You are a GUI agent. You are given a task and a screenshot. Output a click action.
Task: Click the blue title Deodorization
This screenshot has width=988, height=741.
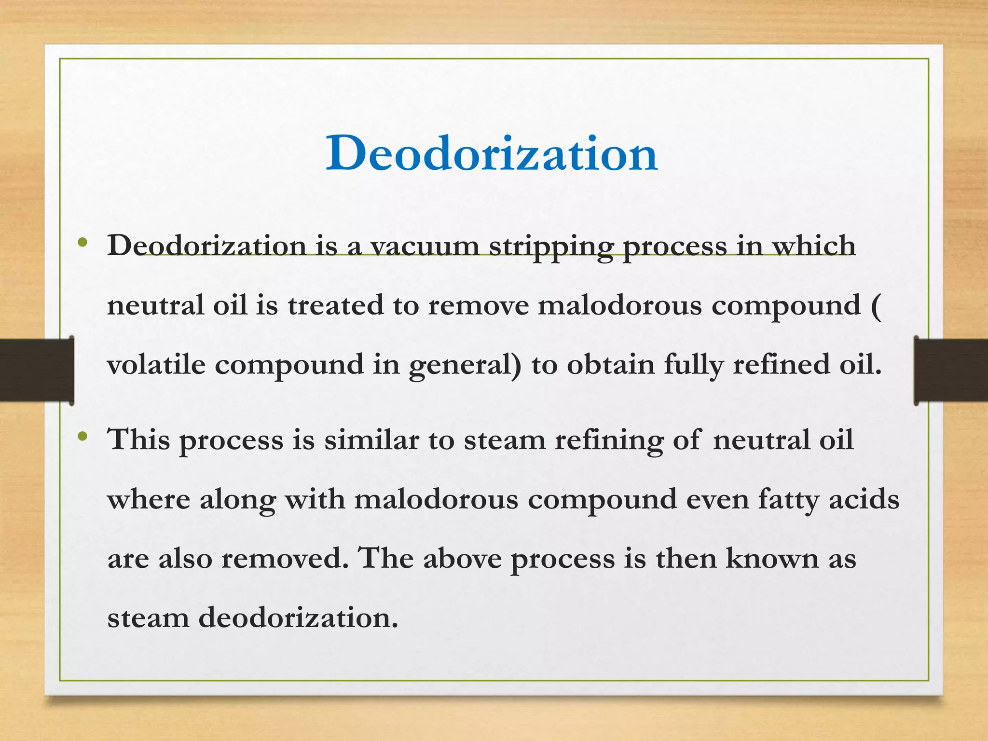(492, 153)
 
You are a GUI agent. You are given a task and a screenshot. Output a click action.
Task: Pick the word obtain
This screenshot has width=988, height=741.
(610, 364)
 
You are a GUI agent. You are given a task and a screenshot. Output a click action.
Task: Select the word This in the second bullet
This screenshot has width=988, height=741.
(139, 439)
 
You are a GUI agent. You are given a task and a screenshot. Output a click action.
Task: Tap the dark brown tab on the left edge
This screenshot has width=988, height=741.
(37, 370)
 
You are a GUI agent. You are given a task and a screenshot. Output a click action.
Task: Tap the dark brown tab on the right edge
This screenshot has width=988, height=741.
(951, 370)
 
